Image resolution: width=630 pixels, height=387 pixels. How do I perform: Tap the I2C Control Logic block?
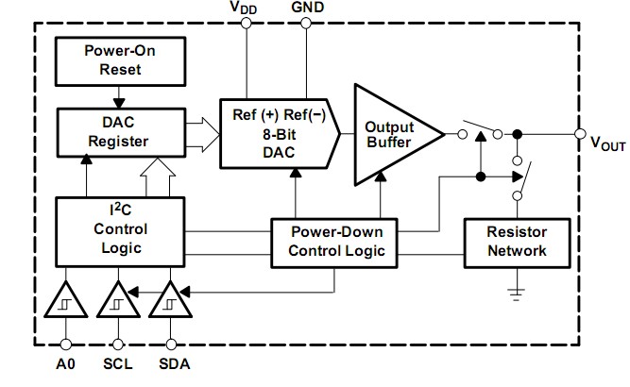(x=120, y=229)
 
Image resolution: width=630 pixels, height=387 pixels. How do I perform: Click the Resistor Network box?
(x=517, y=241)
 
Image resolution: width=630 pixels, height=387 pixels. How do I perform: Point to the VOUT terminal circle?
(x=579, y=133)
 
